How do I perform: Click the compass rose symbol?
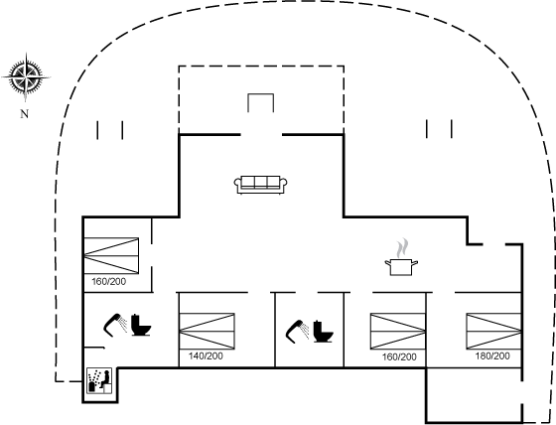click(x=26, y=77)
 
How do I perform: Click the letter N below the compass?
click(x=24, y=114)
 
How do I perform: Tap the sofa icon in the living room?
click(x=260, y=185)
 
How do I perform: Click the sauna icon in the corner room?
click(x=99, y=380)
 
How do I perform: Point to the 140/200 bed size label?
click(x=206, y=355)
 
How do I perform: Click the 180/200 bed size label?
click(x=492, y=355)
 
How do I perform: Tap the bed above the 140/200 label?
click(x=208, y=331)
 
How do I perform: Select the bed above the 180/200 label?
click(x=494, y=331)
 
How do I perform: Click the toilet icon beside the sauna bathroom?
click(x=141, y=325)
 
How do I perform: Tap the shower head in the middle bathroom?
click(x=297, y=332)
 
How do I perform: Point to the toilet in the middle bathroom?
click(x=323, y=332)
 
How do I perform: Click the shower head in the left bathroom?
click(x=115, y=326)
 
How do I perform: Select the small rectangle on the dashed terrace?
click(x=260, y=103)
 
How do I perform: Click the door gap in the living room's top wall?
click(x=261, y=134)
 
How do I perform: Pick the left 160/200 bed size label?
click(x=109, y=281)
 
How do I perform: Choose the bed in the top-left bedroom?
click(x=111, y=256)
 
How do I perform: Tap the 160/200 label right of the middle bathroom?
click(x=399, y=356)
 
